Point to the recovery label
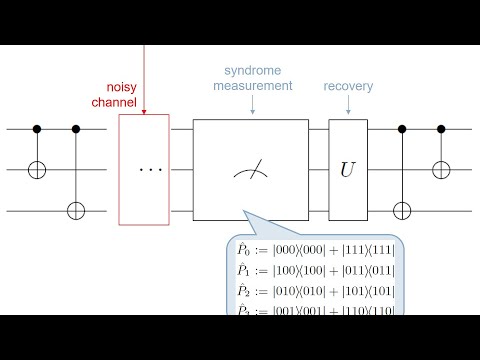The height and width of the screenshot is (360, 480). [x=348, y=86]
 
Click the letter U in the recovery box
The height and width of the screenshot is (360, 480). [x=347, y=170]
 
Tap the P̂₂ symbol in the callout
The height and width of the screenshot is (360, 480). [x=243, y=292]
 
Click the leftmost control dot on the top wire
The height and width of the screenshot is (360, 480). [x=38, y=129]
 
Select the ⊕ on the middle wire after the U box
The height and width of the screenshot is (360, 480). [x=441, y=170]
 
